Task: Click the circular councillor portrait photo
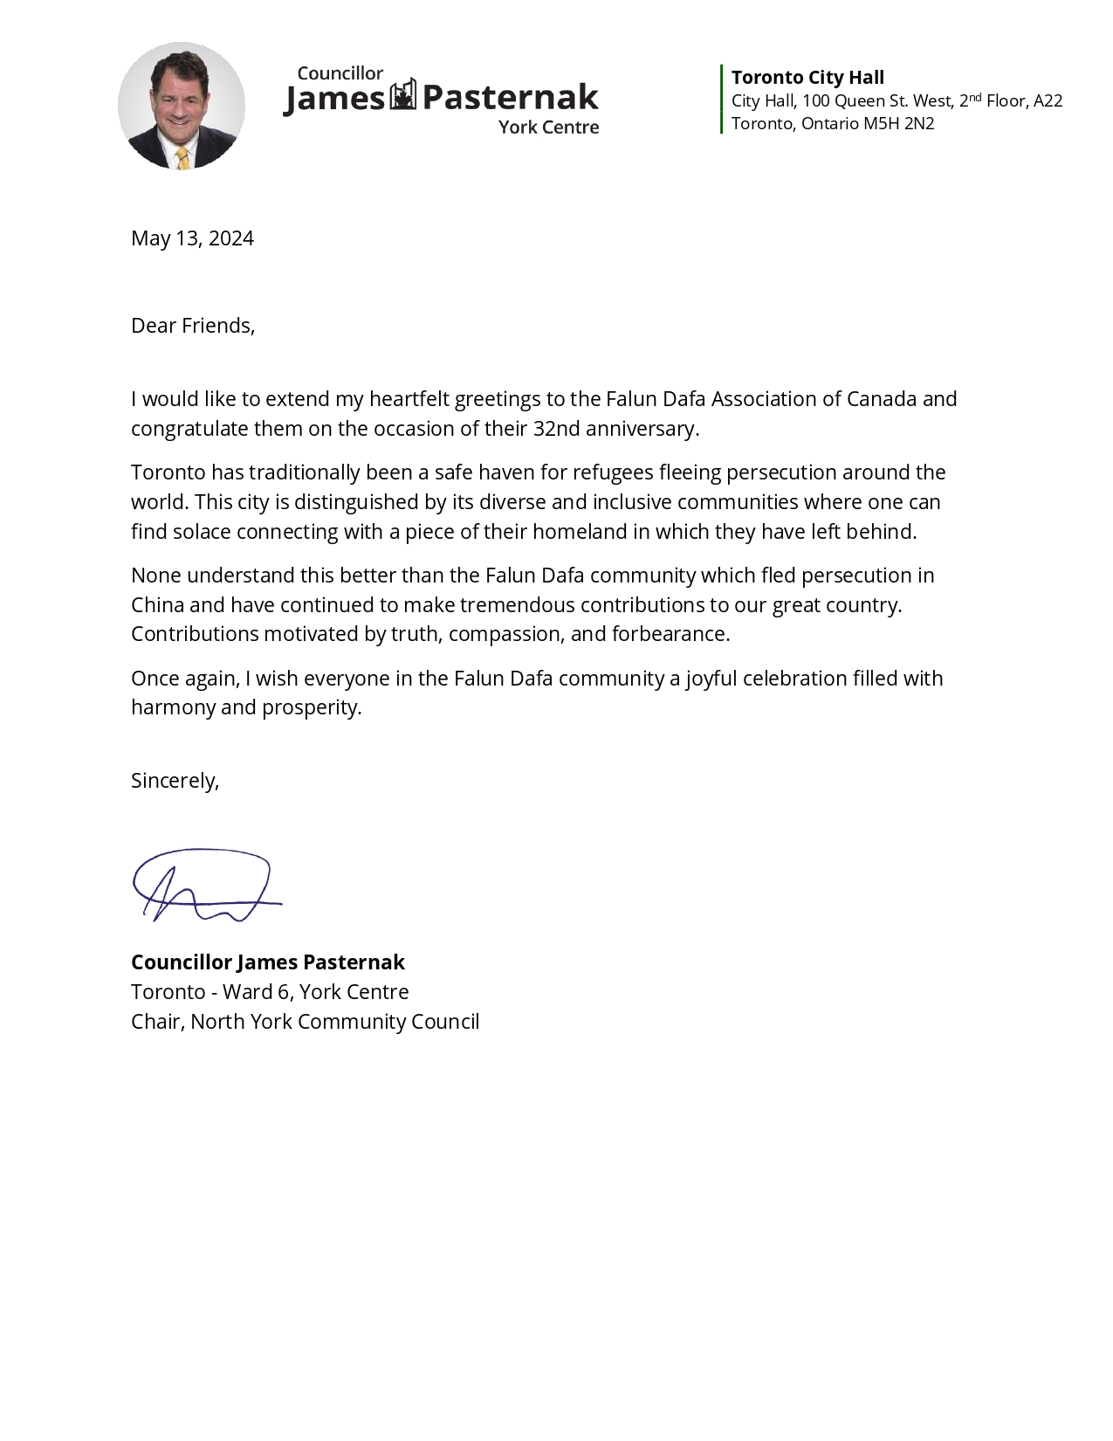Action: [x=182, y=105]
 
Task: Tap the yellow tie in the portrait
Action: [x=182, y=158]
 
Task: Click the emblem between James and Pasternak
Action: [x=402, y=95]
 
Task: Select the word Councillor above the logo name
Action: [x=340, y=73]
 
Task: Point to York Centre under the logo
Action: [x=548, y=128]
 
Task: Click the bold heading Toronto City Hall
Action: [x=807, y=78]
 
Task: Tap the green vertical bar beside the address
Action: [x=722, y=99]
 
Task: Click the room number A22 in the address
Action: [x=1048, y=101]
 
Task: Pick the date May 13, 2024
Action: [x=192, y=238]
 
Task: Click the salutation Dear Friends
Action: [x=192, y=326]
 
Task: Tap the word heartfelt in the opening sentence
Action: [x=409, y=399]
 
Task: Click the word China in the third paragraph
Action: [x=157, y=605]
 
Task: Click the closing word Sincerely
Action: [x=174, y=781]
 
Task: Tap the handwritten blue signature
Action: [x=204, y=886]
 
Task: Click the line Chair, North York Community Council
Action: [x=305, y=1022]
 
